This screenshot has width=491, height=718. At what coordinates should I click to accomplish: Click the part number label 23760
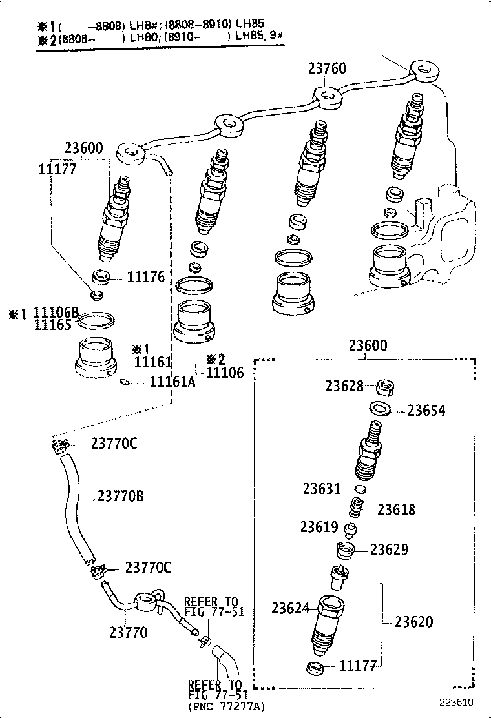(x=327, y=68)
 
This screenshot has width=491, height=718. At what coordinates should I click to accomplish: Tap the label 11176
(x=146, y=278)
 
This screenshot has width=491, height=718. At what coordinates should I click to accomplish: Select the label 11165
(x=52, y=325)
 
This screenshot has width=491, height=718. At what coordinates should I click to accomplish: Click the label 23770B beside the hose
(x=121, y=496)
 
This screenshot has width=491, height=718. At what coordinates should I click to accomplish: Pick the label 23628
(x=344, y=386)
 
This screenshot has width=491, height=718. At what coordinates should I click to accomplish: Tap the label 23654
(x=426, y=411)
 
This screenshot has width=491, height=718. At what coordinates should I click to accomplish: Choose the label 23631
(x=322, y=489)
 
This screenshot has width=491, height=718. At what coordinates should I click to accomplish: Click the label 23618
(x=397, y=509)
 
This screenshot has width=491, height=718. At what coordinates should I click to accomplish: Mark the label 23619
(x=319, y=527)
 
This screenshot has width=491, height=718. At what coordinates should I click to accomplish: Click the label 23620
(x=414, y=622)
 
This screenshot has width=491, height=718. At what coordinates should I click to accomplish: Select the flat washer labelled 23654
(x=379, y=408)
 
